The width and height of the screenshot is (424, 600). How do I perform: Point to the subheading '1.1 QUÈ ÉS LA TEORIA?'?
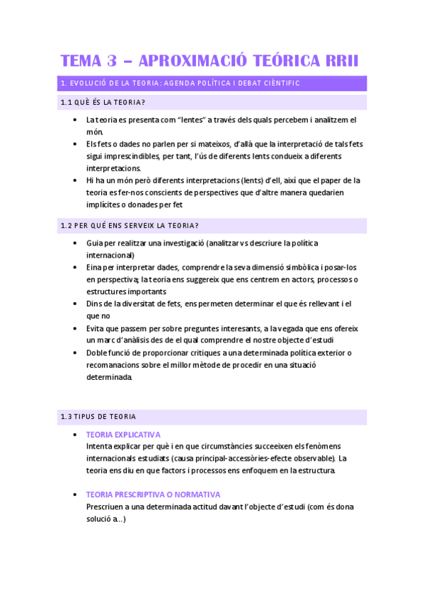click(x=103, y=103)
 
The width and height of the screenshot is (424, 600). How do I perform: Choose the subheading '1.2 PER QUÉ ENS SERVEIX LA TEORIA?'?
click(x=130, y=226)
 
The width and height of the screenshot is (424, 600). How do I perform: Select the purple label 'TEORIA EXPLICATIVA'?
click(x=123, y=434)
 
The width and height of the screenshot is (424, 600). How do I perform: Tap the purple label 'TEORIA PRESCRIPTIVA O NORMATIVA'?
click(x=153, y=495)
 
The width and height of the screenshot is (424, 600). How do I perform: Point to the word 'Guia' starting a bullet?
click(x=95, y=243)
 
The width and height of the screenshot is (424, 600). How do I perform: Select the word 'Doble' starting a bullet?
click(x=98, y=352)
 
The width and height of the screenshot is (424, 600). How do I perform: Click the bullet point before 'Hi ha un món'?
click(x=76, y=180)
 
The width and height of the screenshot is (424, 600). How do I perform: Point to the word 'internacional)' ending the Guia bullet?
click(x=110, y=255)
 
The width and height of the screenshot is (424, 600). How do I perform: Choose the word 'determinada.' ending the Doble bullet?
click(x=109, y=377)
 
